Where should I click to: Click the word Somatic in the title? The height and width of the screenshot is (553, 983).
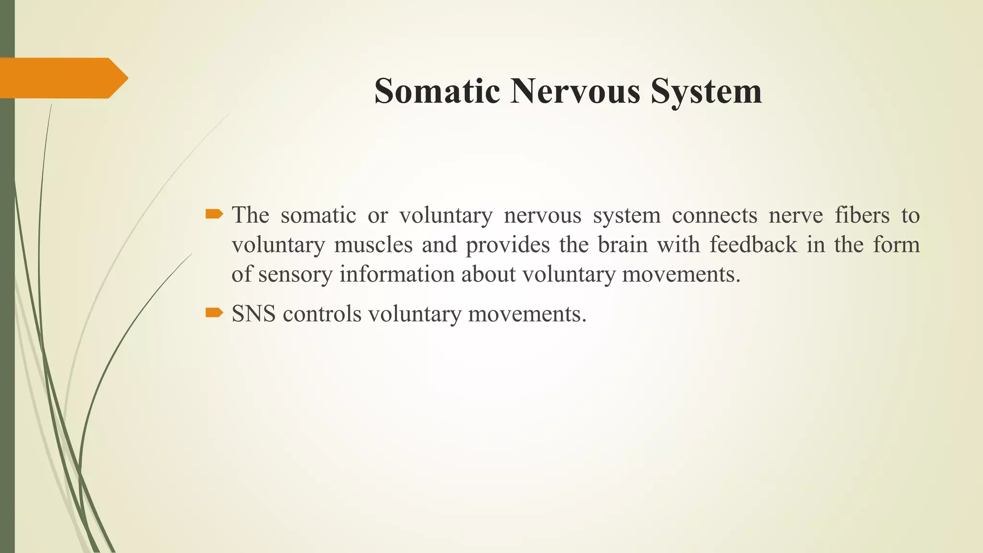click(x=437, y=91)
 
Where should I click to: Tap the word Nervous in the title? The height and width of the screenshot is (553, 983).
click(x=575, y=91)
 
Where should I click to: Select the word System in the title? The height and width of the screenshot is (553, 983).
click(x=706, y=91)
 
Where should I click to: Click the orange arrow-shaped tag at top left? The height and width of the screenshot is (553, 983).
click(x=62, y=78)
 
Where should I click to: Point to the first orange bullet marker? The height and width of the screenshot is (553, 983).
click(x=214, y=214)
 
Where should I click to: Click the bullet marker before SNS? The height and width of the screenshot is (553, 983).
click(x=214, y=313)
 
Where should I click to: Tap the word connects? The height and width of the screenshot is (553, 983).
click(x=714, y=215)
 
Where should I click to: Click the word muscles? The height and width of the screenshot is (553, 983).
click(x=373, y=245)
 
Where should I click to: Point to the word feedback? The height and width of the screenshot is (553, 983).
click(x=753, y=245)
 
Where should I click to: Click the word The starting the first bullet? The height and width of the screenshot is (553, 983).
click(x=250, y=215)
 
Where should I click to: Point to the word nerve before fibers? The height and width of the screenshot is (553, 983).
click(x=795, y=215)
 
